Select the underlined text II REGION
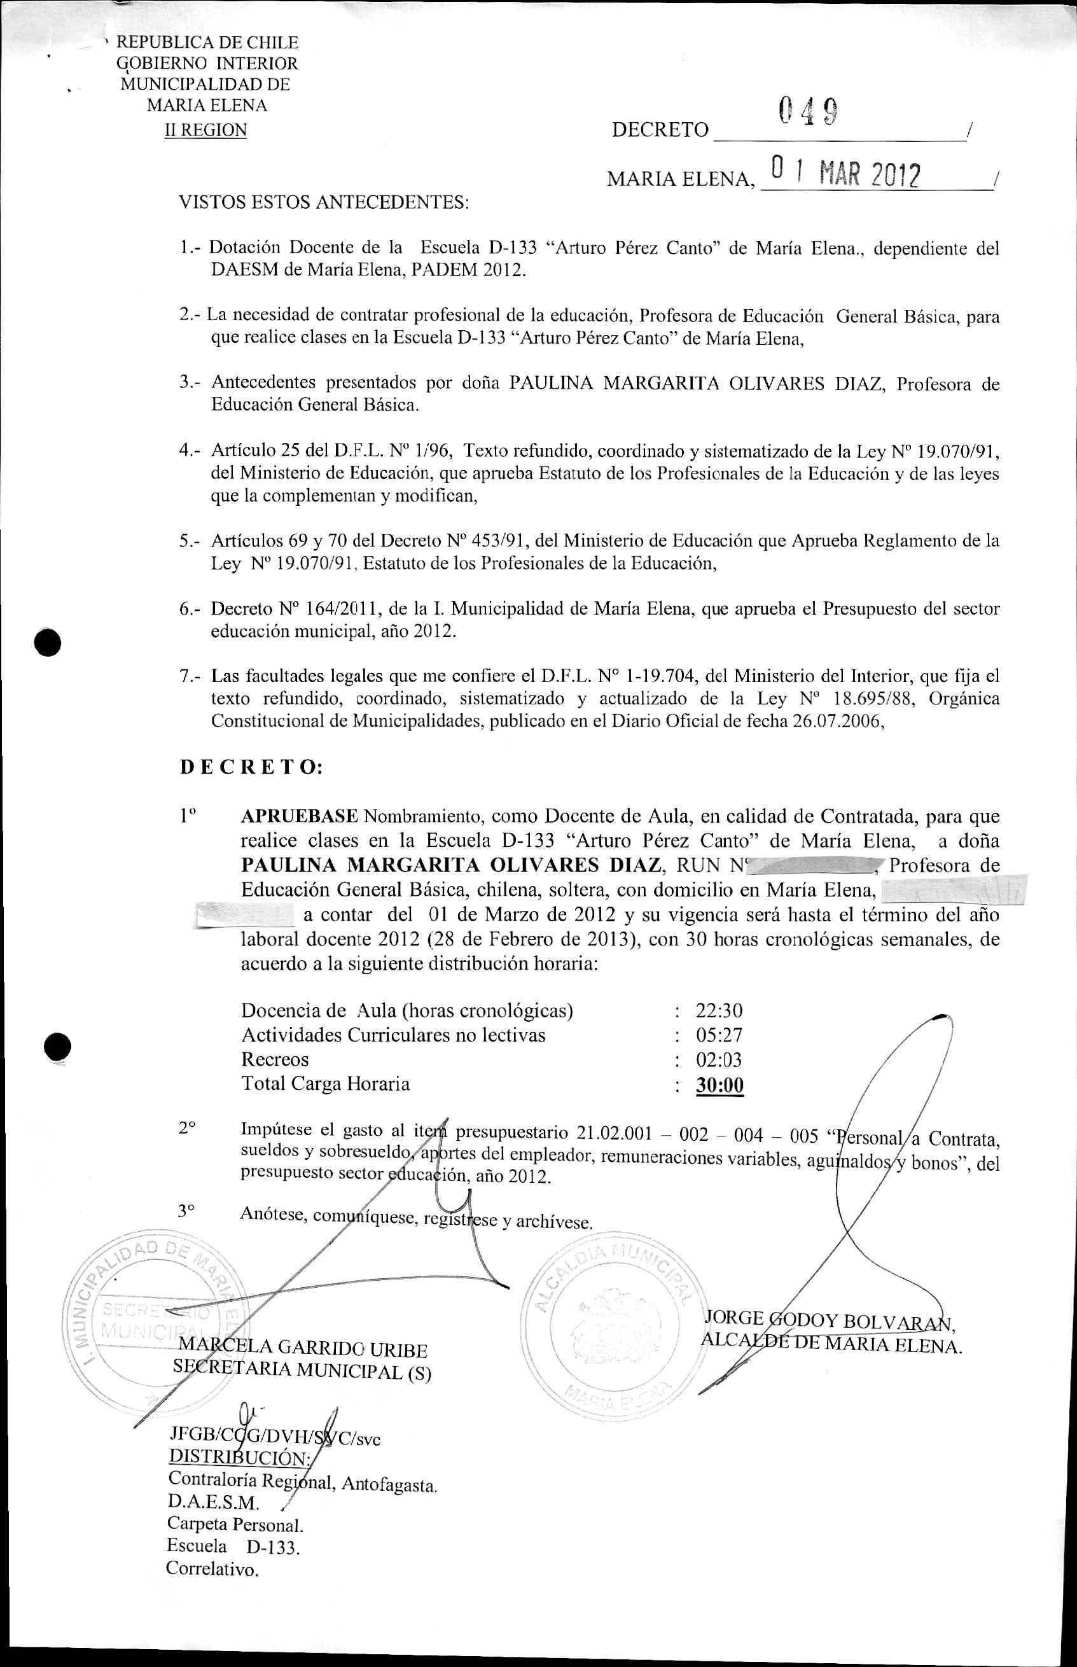(205, 130)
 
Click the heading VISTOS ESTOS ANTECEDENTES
(324, 203)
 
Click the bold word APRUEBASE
(300, 816)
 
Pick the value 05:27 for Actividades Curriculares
(719, 1035)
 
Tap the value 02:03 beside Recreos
(719, 1059)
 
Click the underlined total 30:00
(719, 1085)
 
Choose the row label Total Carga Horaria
(325, 1084)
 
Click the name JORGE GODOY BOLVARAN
(830, 1321)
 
